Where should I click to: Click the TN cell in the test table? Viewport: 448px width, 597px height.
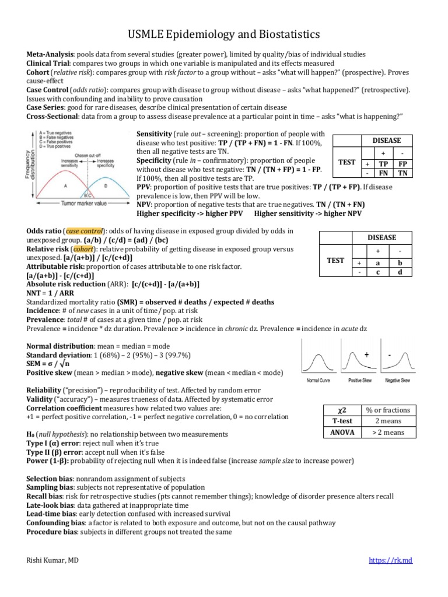tap(402, 173)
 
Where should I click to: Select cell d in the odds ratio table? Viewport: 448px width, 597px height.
tap(400, 272)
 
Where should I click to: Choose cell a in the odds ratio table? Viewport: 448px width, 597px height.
tap(377, 262)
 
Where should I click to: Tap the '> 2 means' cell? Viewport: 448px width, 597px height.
tap(390, 432)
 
